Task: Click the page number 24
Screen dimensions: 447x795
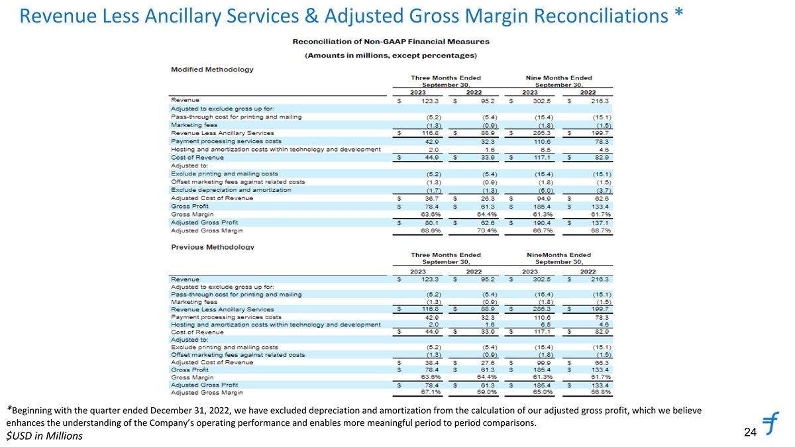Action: coord(750,432)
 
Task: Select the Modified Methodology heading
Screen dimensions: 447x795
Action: coord(212,70)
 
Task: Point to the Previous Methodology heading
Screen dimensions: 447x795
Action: coord(213,247)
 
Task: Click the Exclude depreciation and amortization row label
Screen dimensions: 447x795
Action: coord(231,189)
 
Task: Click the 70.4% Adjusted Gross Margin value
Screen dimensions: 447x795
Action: coord(490,230)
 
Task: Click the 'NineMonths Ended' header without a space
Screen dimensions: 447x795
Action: coord(558,255)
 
